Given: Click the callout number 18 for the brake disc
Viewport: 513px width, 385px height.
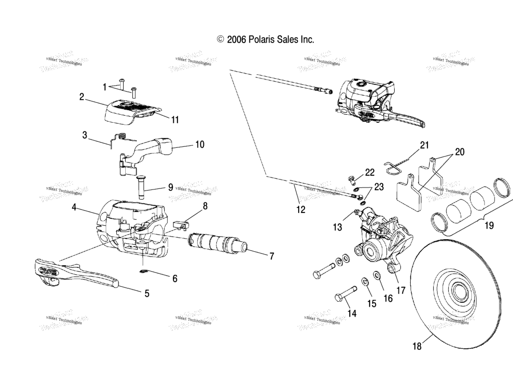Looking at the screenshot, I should click(417, 345).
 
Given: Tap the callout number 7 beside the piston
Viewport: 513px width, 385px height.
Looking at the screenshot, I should click(272, 256).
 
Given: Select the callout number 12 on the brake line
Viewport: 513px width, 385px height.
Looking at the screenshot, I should click(300, 210).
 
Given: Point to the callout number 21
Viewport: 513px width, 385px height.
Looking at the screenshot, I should click(424, 145).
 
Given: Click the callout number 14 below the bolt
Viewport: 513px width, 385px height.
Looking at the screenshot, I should click(352, 313).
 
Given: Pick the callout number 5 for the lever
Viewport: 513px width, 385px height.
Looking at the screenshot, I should click(147, 294).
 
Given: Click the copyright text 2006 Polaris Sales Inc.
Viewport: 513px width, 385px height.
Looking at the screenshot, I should click(266, 39).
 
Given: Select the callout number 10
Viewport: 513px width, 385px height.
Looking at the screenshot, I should click(199, 144).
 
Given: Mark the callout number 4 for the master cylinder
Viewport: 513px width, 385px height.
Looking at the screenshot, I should click(74, 207).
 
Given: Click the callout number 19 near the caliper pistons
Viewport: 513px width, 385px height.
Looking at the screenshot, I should click(488, 226).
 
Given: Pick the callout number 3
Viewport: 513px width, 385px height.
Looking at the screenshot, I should click(85, 135).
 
